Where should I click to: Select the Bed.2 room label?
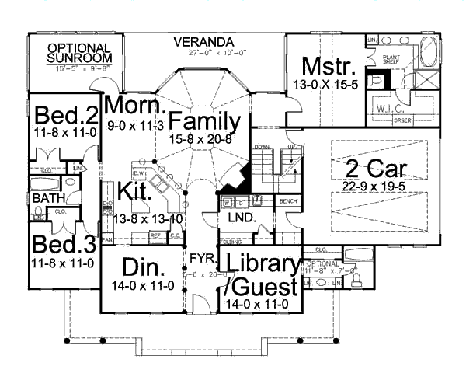coord(65,117)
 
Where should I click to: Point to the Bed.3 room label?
coord(65,244)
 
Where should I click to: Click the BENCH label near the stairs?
coord(288,200)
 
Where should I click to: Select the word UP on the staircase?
coord(294,147)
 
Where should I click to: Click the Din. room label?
coord(141,270)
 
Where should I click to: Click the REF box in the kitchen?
coord(155,234)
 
